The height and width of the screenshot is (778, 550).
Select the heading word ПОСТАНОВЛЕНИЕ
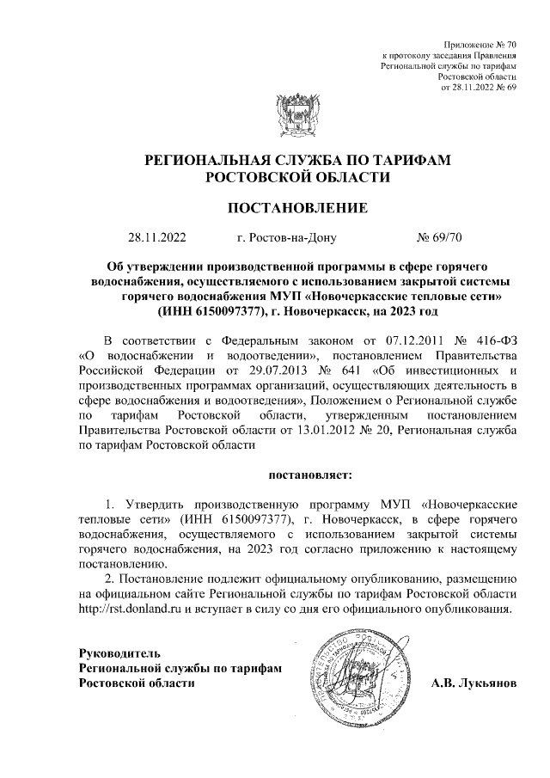(x=296, y=207)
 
